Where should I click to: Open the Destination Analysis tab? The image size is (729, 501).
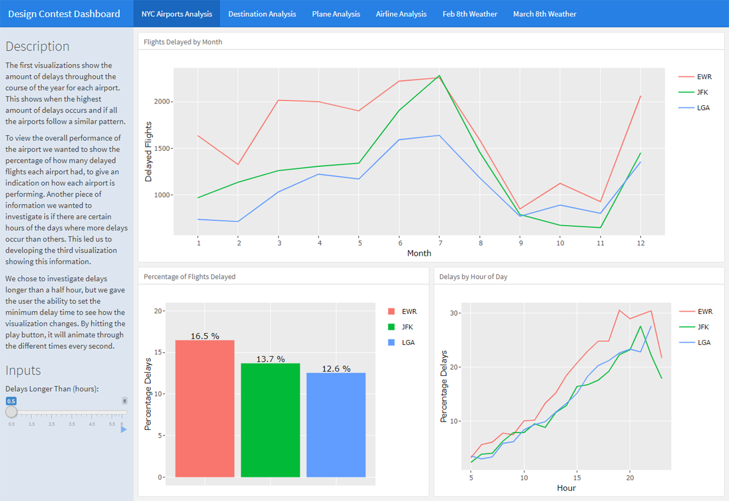coord(262,14)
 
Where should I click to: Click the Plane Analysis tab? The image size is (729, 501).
coord(336,14)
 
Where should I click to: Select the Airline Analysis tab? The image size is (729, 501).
coord(401,14)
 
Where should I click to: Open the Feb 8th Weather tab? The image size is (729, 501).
coord(469,14)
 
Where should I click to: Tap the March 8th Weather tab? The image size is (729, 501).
coord(544,14)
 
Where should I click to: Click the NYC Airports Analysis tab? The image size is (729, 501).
coord(177,14)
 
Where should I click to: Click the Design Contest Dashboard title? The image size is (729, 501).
coord(64,14)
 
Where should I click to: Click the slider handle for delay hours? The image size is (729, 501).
coord(11,412)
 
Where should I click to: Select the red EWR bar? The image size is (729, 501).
coord(205,409)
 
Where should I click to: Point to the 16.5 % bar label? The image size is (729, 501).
coord(205,336)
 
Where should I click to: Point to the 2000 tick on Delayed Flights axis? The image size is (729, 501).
coord(162,102)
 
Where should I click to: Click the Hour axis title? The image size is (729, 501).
coord(566,488)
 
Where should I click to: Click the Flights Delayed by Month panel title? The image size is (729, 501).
coord(183,42)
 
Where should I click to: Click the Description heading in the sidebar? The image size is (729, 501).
coord(37,46)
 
